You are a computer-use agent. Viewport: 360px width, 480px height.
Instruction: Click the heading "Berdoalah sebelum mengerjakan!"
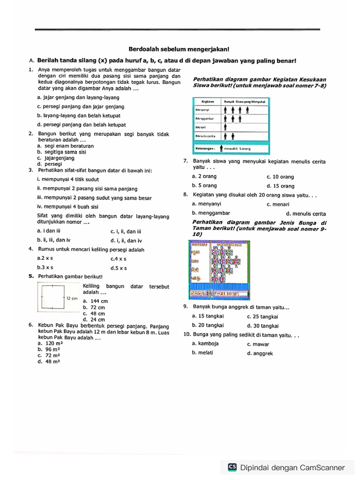tap(179, 49)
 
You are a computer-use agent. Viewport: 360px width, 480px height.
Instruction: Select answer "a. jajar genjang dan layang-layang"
tap(78, 97)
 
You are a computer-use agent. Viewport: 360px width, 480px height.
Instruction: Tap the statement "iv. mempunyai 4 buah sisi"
tap(67, 206)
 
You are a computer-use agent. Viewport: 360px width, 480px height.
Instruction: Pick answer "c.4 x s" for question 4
tap(119, 258)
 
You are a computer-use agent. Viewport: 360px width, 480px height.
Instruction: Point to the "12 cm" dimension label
tap(72, 298)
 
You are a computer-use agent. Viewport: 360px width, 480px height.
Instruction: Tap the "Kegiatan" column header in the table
tap(208, 101)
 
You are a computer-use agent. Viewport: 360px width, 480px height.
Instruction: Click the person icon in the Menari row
tap(225, 127)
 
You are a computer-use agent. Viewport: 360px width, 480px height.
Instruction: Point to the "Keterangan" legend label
tap(204, 148)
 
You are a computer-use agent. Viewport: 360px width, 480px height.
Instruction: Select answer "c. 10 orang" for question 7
tap(280, 177)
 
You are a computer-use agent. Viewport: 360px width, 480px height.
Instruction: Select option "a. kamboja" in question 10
tap(205, 344)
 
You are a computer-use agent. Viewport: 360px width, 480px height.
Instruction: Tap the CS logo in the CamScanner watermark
tap(232, 467)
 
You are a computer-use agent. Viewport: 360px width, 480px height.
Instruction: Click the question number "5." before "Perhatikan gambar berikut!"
tap(31, 276)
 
